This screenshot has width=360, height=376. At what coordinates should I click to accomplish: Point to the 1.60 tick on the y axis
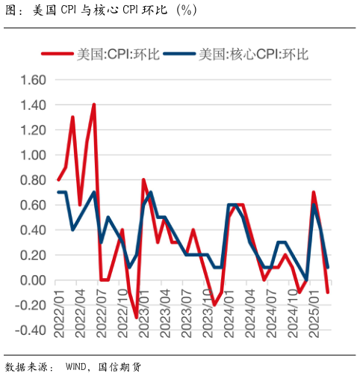click(x=32, y=80)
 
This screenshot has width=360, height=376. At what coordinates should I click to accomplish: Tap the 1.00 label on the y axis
click(x=32, y=155)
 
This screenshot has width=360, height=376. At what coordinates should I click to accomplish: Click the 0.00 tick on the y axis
click(x=32, y=280)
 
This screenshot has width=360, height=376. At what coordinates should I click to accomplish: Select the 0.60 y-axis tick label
click(x=32, y=206)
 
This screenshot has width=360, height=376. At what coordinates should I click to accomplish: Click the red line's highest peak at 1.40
click(x=93, y=105)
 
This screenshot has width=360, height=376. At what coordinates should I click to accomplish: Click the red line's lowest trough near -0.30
click(x=136, y=318)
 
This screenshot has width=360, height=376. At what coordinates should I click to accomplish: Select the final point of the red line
click(x=328, y=292)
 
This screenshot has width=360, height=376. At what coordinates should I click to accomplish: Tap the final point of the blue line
click(x=328, y=268)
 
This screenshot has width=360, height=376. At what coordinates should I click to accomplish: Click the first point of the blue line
click(x=58, y=192)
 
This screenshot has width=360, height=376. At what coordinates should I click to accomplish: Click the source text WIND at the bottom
click(x=78, y=366)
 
